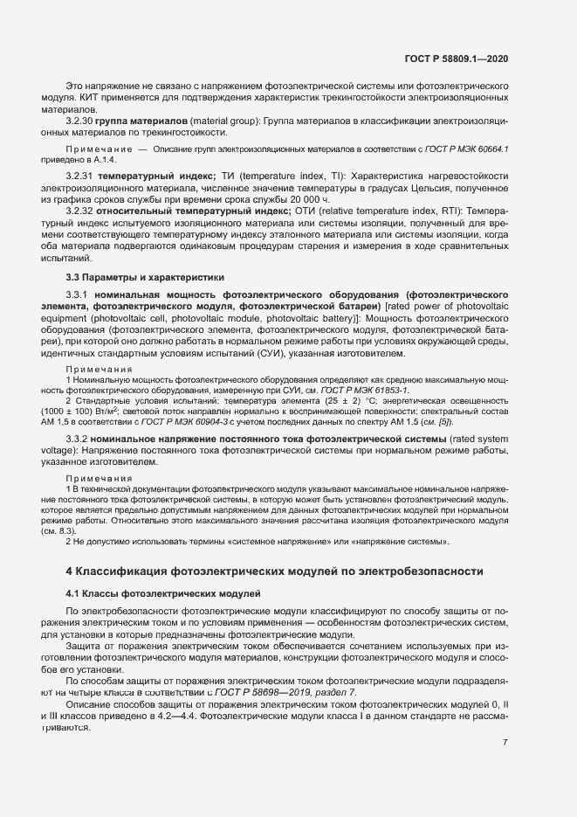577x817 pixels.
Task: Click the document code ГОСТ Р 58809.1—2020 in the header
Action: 457,59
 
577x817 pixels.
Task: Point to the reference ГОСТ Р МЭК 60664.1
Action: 470,151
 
